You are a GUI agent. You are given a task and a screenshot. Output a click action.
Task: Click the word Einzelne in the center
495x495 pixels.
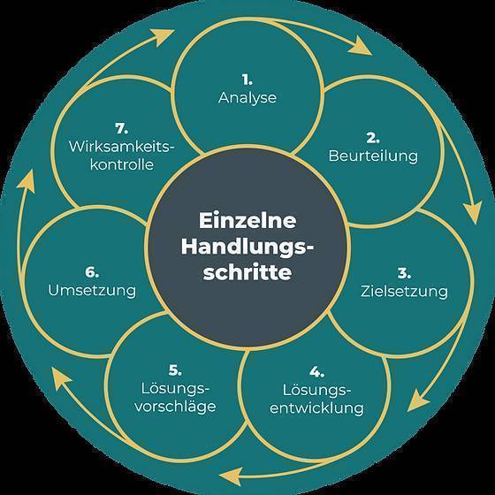[x=247, y=220]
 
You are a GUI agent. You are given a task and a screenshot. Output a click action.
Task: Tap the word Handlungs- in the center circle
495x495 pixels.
[x=247, y=247]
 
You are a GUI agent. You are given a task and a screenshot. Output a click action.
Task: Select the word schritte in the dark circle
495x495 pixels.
[x=247, y=272]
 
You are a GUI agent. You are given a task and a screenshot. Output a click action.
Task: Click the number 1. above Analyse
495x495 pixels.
[x=247, y=80]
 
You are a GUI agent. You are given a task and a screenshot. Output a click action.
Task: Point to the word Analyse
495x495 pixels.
[x=247, y=98]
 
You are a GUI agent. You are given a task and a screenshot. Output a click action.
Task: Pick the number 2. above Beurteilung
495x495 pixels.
[x=373, y=138]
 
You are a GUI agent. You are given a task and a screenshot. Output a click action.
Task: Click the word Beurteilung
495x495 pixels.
[x=373, y=156]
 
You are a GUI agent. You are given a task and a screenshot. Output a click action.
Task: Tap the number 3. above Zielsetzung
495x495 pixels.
[x=404, y=273]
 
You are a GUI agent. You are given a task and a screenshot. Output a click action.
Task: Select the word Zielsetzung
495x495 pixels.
[x=404, y=291]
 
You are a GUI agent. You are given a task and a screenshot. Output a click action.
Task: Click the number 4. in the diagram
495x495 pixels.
[x=316, y=372]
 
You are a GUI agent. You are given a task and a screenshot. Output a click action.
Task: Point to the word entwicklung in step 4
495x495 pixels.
[x=316, y=407]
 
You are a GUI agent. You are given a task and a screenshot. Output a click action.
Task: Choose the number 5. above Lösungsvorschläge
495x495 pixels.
[x=175, y=370]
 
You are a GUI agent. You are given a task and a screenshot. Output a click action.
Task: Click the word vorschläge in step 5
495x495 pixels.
[x=175, y=407]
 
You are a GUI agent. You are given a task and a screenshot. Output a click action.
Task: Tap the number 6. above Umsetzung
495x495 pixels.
[x=92, y=272]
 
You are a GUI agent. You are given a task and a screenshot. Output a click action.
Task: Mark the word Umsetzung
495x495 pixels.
[x=92, y=291]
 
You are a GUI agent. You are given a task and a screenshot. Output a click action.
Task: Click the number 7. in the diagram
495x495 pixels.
[x=122, y=128]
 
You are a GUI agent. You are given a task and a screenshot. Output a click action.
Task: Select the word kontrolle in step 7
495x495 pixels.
[x=122, y=164]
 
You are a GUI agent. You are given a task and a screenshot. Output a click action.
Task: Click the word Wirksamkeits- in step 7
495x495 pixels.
[x=122, y=147]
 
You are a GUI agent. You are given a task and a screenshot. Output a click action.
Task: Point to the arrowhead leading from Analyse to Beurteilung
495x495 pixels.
[x=360, y=47]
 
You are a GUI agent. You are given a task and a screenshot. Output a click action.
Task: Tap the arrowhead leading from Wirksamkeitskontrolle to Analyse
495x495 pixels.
[x=162, y=36]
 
